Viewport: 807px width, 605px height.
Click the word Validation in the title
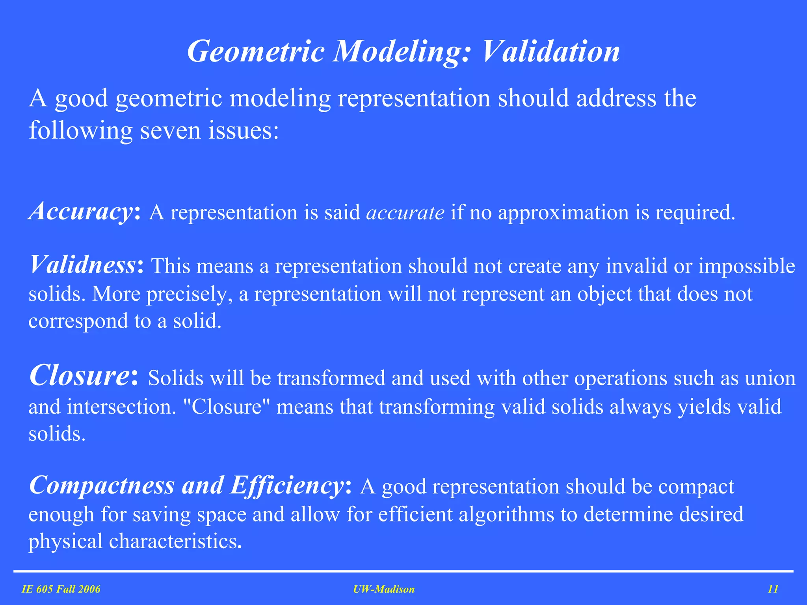[551, 52]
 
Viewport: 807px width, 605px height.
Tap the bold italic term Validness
[83, 265]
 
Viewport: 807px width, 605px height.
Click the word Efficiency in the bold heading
[287, 485]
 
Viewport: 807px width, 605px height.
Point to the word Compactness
[102, 485]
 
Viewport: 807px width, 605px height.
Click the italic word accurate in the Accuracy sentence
[405, 213]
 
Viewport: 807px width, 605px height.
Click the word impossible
[747, 266]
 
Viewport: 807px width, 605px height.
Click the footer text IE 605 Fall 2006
[61, 589]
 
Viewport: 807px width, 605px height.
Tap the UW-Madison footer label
[384, 589]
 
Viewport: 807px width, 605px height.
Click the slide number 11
[773, 589]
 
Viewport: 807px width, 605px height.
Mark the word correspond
[78, 321]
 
